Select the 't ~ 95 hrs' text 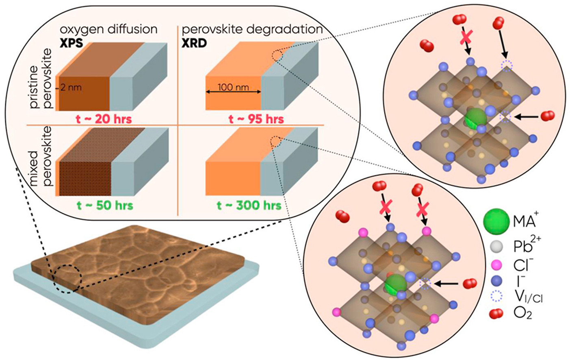256,119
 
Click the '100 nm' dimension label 233,87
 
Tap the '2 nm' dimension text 72,87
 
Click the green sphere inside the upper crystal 475,118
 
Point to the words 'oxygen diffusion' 108,29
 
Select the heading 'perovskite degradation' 252,29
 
